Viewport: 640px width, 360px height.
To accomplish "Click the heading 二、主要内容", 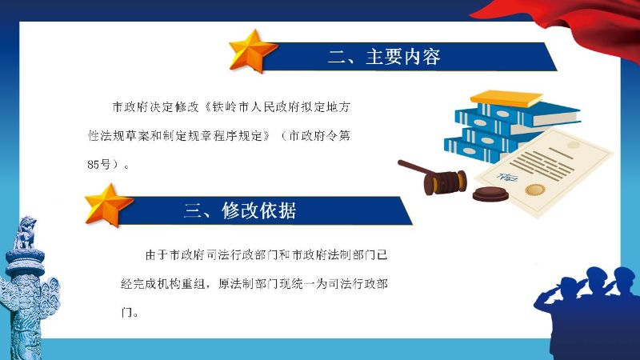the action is [384, 57].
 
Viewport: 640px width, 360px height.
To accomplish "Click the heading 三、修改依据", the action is [240, 210].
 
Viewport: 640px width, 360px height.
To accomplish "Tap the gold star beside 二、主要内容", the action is [251, 51].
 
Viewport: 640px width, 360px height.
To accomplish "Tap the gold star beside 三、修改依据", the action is [108, 206].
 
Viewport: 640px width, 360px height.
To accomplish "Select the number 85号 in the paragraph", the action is [99, 165].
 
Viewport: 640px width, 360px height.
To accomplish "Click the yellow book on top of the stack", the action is [506, 98].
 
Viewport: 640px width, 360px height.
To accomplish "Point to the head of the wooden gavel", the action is [445, 182].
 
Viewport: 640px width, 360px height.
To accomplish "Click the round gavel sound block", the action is [490, 194].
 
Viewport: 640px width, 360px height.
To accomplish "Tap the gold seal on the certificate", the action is [535, 190].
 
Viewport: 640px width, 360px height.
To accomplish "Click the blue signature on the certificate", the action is [507, 177].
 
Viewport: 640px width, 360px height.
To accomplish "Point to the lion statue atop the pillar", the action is [26, 233].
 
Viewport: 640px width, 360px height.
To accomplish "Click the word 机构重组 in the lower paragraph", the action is [182, 284].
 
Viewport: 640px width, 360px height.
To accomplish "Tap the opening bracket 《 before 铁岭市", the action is [206, 107].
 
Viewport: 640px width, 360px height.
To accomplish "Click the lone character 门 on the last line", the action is [126, 313].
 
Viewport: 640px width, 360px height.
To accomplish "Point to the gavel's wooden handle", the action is [413, 168].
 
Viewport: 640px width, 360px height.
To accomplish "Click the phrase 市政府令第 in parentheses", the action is [319, 135].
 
